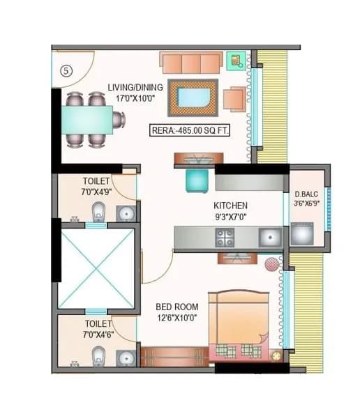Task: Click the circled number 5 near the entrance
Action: pos(66,70)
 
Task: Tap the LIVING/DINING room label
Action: pos(135,92)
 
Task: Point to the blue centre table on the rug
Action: pos(193,96)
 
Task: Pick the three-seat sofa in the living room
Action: pos(191,63)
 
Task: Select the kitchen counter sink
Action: pos(269,238)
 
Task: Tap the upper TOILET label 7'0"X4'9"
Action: pos(96,185)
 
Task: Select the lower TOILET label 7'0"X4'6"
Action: pos(98,329)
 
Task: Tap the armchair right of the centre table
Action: pos(234,99)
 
